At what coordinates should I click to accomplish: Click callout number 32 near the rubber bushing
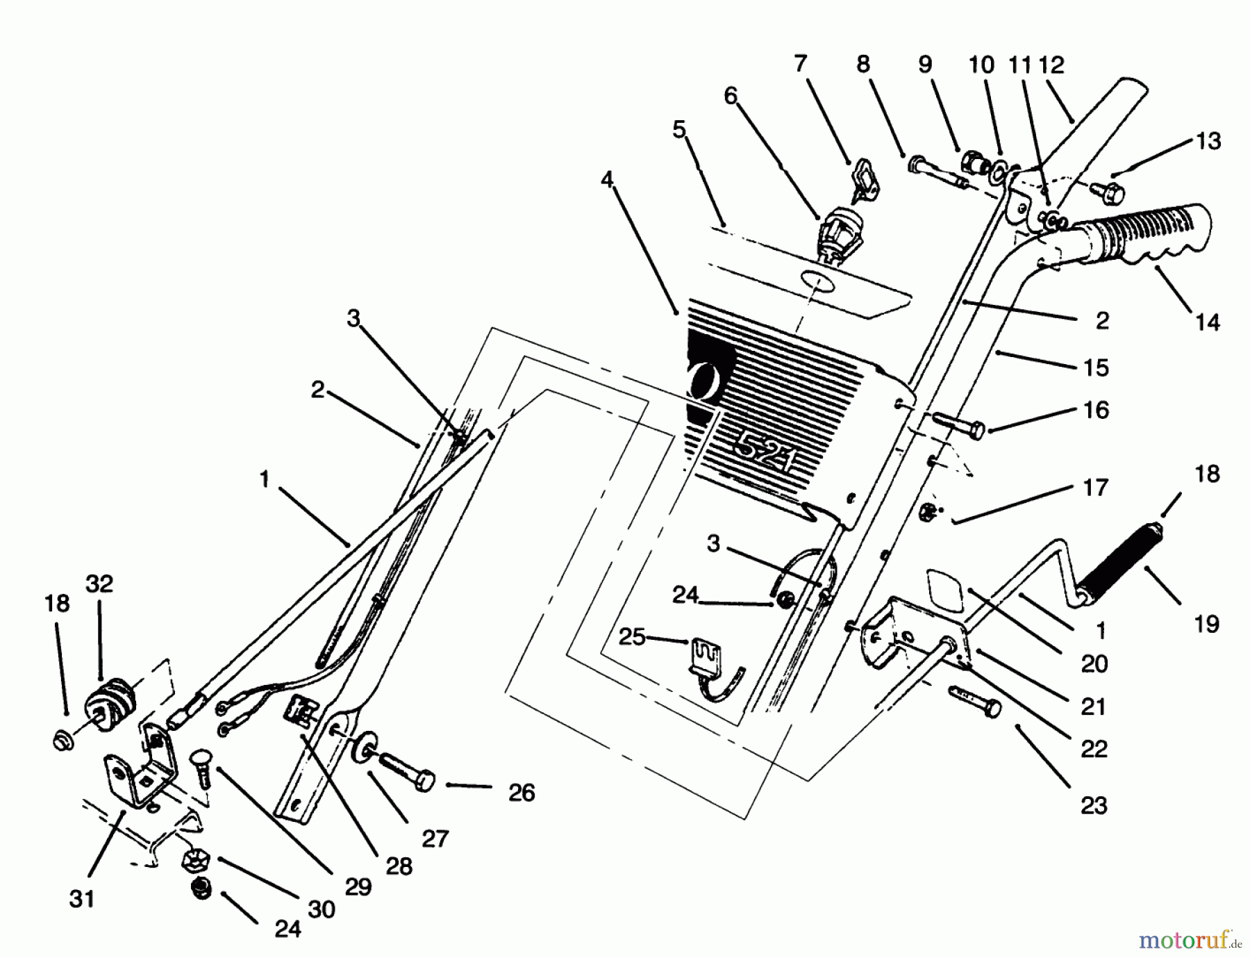[x=99, y=584]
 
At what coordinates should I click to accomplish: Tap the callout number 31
[x=81, y=899]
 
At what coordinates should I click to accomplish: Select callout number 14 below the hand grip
[x=1208, y=322]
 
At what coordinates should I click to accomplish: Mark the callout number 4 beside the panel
[x=607, y=181]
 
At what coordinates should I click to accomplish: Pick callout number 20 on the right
[x=1094, y=664]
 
